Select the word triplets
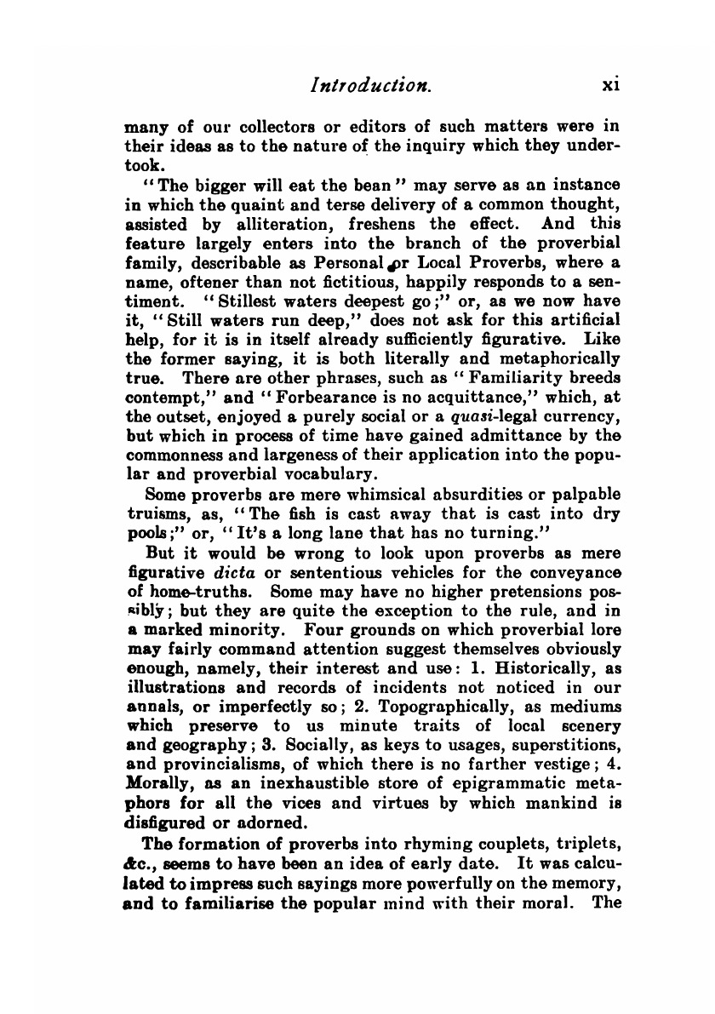click(583, 843)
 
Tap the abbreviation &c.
click(136, 862)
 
